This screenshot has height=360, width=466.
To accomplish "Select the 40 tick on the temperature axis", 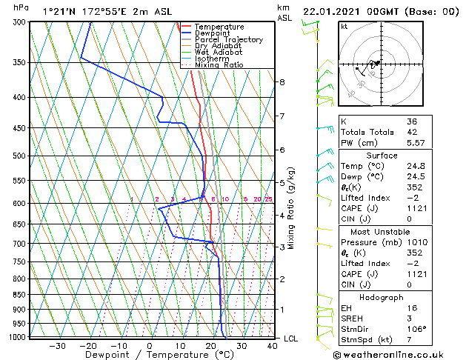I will click(273, 346).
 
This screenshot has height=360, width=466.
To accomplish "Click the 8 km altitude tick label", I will click(282, 82).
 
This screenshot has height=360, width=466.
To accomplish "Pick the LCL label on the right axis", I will click(290, 339).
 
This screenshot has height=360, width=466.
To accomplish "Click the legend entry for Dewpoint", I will click(211, 33).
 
